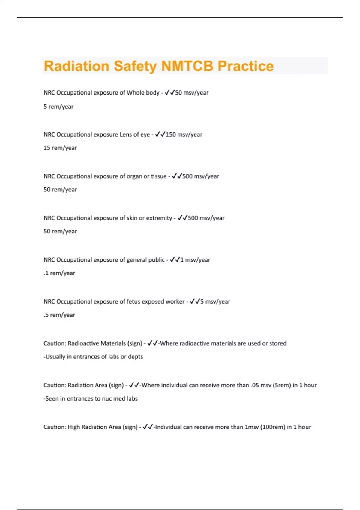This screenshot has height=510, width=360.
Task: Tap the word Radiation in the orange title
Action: (76, 66)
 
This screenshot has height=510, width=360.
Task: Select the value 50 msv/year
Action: (192, 93)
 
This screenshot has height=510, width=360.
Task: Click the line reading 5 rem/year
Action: (58, 106)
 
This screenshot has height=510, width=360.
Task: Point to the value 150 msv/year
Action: (184, 134)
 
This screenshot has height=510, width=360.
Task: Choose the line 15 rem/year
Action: (60, 148)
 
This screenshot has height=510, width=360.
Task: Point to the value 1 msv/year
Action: (195, 260)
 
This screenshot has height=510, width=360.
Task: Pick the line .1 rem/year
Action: (59, 273)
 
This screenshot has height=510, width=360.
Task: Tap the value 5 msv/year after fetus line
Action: (215, 301)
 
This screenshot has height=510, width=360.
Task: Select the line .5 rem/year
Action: (59, 315)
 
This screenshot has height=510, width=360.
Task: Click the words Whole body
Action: (143, 93)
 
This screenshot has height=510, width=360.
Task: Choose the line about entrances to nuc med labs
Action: (91, 399)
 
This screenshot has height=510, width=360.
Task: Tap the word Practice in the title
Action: (246, 66)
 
